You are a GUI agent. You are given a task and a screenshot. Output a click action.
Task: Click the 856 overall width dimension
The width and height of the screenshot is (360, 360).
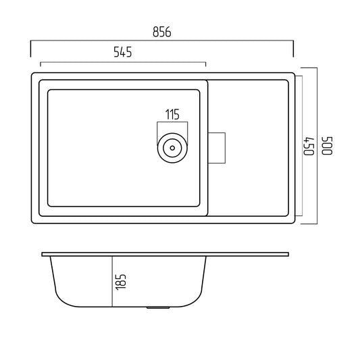[x=162, y=32]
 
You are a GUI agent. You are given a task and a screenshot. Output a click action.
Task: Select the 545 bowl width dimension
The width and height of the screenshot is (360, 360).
[x=123, y=52]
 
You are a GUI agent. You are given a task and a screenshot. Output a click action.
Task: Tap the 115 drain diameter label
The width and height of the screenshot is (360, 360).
[x=172, y=114]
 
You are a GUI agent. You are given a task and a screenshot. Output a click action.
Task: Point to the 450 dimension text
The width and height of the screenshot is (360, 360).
[x=309, y=147]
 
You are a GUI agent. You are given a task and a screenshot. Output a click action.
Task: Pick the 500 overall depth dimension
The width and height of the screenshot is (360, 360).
[x=327, y=146]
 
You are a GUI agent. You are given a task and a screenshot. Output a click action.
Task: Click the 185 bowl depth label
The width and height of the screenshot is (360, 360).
[x=121, y=282]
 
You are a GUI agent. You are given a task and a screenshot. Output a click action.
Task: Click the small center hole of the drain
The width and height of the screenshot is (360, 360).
[x=172, y=148]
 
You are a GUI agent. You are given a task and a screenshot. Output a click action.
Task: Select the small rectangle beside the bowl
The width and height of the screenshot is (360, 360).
[x=217, y=148]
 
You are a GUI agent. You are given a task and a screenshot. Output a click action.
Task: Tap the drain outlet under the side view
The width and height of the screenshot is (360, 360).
[x=158, y=307]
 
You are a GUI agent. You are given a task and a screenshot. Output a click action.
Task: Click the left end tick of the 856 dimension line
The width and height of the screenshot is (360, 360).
[x=30, y=49]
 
